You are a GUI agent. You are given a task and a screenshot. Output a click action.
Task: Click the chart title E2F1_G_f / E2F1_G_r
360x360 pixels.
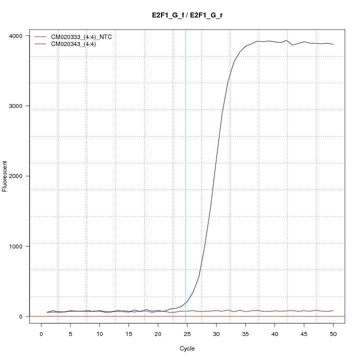pos(187,15)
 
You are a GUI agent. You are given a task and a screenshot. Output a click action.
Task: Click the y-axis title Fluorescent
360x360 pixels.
pos(5,176)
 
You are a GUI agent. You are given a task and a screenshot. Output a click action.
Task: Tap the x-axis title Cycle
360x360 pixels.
pos(187,348)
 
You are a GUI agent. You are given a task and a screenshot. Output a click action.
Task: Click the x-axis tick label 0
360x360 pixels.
pos(41,333)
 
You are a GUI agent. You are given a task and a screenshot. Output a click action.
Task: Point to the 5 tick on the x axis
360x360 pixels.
pos(70,333)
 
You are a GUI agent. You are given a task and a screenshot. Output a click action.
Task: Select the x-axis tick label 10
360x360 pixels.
pos(99,333)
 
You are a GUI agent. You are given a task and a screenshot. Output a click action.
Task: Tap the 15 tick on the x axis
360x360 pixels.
pos(129,333)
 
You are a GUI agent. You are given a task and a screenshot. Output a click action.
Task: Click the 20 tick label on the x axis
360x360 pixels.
pos(158,333)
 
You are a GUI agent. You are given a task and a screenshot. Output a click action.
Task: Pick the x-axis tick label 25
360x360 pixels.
pos(187,333)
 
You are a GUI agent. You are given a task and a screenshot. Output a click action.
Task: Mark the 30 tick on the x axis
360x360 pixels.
pos(216,333)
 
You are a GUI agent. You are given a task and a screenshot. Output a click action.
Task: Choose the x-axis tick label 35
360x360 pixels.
pos(245,333)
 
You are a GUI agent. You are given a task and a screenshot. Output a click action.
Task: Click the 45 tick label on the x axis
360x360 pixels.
pos(304,333)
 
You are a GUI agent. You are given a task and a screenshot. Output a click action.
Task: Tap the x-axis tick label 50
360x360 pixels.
pos(333,333)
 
